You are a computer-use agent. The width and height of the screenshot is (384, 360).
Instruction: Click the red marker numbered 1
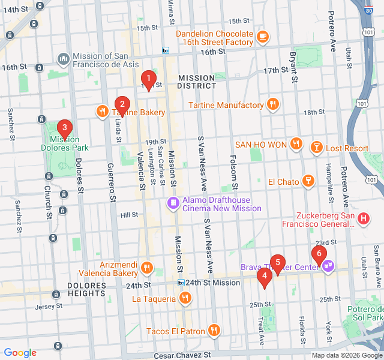[148, 79]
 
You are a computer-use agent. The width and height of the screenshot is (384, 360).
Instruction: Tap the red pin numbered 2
[122, 104]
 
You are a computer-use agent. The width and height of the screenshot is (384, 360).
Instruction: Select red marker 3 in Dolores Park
[64, 128]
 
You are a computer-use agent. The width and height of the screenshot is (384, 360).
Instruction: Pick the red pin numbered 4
[263, 276]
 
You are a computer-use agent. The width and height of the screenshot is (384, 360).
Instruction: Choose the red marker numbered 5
[277, 262]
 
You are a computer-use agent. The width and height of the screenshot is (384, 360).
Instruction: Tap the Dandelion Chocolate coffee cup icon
[263, 38]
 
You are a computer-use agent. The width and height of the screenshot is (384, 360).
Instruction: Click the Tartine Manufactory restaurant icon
[273, 105]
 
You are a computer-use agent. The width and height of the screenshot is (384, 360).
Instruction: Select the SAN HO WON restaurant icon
[295, 144]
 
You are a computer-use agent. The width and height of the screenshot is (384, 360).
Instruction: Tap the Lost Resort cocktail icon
[316, 148]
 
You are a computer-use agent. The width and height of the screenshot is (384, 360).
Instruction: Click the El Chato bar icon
[308, 181]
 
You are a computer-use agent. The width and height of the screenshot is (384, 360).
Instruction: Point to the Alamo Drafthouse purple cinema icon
[173, 204]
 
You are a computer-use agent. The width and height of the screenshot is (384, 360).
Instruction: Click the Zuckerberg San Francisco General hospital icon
[363, 219]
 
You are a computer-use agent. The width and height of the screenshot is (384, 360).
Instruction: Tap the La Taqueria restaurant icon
[185, 298]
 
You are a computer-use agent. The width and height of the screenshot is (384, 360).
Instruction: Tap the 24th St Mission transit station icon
[181, 283]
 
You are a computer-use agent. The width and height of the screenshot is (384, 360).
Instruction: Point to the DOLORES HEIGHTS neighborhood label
[87, 289]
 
